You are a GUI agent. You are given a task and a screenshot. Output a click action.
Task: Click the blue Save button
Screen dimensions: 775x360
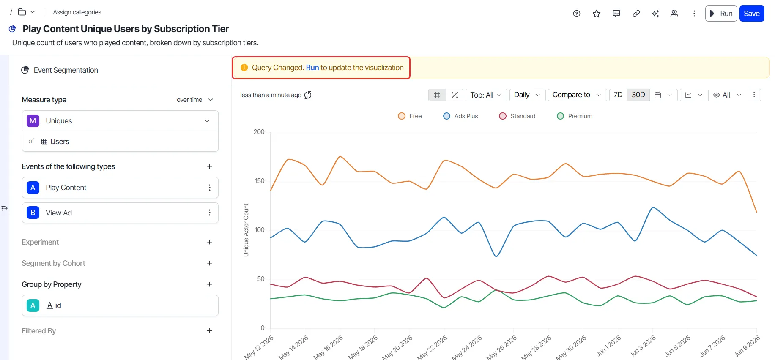pyautogui.click(x=752, y=14)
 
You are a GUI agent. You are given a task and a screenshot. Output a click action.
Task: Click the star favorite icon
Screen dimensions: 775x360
pyautogui.click(x=597, y=14)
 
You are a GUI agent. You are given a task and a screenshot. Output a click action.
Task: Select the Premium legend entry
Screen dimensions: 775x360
pyautogui.click(x=575, y=116)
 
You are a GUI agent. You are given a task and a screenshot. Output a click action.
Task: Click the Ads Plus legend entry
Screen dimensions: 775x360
pyautogui.click(x=460, y=116)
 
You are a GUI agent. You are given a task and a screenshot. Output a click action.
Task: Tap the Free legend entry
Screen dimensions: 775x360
pyautogui.click(x=410, y=116)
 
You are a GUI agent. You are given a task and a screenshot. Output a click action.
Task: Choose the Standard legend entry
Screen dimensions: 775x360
pyautogui.click(x=517, y=116)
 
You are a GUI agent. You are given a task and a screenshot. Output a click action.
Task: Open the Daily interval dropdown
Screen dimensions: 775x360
pyautogui.click(x=527, y=95)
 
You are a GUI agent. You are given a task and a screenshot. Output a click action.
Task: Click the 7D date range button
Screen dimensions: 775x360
pyautogui.click(x=618, y=95)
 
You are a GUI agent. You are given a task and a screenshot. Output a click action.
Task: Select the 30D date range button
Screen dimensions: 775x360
pyautogui.click(x=638, y=95)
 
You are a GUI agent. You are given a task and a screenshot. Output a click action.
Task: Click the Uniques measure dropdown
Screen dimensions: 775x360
pyautogui.click(x=120, y=121)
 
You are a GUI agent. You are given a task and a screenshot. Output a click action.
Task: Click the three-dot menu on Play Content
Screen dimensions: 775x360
pyautogui.click(x=210, y=188)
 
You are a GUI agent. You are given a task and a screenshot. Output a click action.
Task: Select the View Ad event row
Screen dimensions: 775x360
pyautogui.click(x=120, y=213)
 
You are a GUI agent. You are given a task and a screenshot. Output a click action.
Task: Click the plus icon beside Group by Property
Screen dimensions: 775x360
pyautogui.click(x=210, y=284)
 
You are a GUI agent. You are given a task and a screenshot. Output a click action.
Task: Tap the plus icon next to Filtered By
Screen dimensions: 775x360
pyautogui.click(x=210, y=331)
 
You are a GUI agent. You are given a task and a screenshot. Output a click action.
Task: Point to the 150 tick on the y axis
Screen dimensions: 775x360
pyautogui.click(x=260, y=181)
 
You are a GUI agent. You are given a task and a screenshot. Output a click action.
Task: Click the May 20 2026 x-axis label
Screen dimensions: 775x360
pyautogui.click(x=397, y=348)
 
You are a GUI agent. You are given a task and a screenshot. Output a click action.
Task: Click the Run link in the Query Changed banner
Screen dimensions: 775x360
pyautogui.click(x=312, y=68)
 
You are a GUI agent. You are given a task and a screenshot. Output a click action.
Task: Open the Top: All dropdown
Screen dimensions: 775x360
pyautogui.click(x=486, y=95)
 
